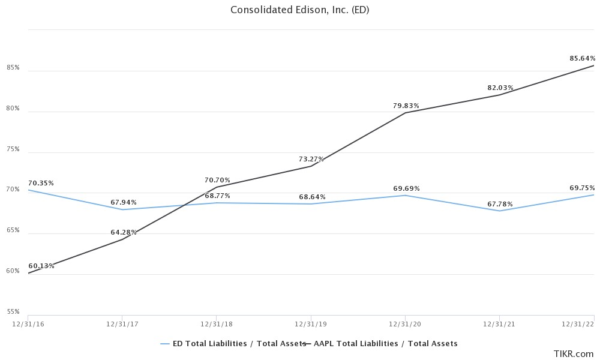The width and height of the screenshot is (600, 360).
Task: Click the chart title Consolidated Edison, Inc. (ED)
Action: pos(299,10)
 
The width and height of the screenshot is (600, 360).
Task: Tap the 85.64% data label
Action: pos(582,58)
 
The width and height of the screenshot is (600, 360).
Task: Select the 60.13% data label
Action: pos(41,266)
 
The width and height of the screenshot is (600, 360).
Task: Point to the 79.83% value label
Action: pos(406,106)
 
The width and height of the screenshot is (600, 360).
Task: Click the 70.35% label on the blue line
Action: pos(41,183)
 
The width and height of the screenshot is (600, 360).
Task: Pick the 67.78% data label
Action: pos(500,204)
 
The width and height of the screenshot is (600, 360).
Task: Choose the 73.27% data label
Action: pos(311,159)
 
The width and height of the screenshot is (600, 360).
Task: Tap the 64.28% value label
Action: pos(124,232)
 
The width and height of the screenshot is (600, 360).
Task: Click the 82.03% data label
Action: pos(500,88)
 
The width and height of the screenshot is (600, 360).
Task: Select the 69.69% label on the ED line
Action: pos(406,188)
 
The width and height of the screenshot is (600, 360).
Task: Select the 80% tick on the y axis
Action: pos(13,109)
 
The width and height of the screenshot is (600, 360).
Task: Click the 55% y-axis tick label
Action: pos(13,312)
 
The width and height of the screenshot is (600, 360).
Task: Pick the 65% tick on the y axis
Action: pos(13,230)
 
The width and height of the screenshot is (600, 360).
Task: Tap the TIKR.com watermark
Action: pos(574,354)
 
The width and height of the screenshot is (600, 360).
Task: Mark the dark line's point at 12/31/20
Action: pos(406,113)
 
